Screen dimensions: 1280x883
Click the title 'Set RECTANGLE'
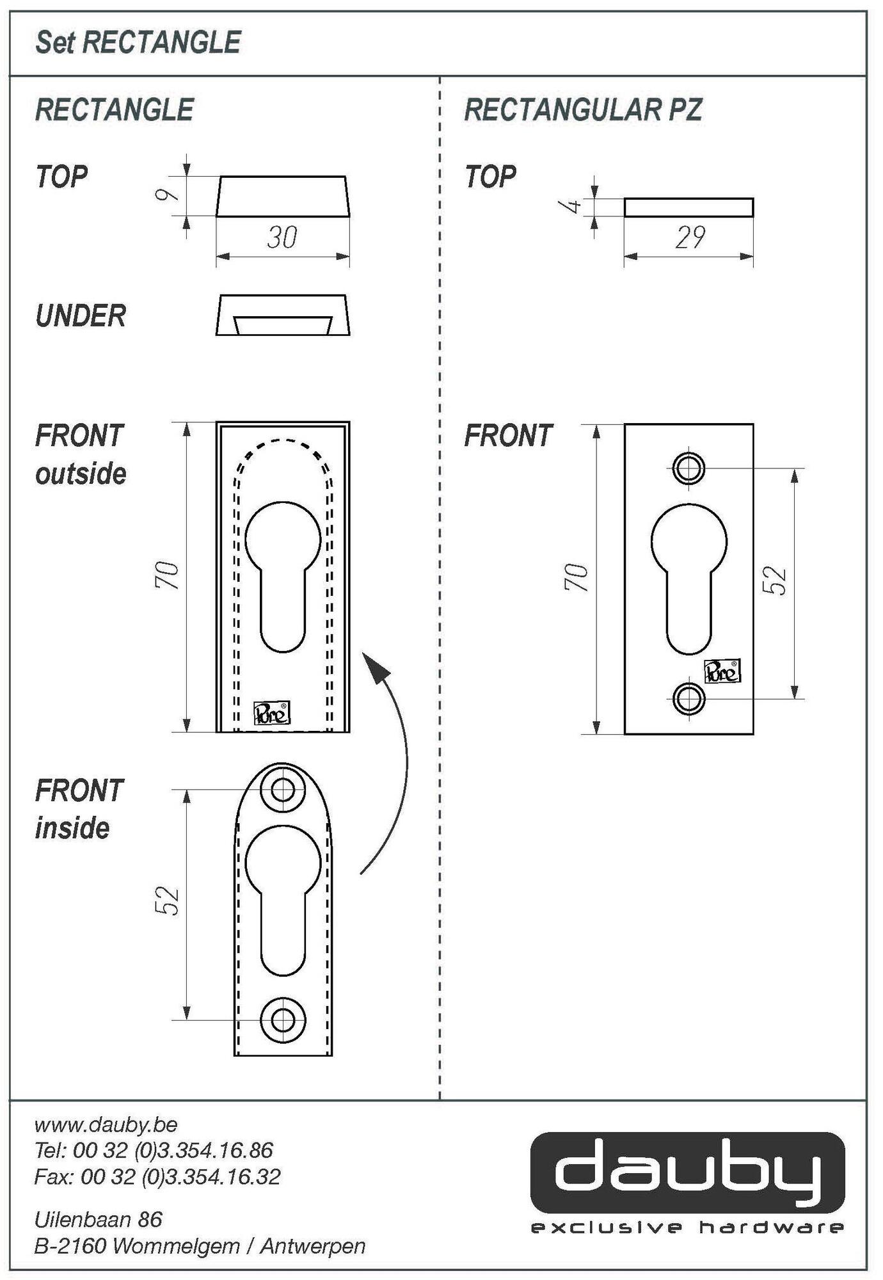[138, 43]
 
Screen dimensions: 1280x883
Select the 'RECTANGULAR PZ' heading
[582, 110]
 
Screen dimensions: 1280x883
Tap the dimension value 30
[282, 237]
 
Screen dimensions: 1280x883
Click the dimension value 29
[690, 237]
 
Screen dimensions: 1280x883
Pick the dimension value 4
[573, 206]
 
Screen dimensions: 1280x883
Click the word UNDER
[81, 316]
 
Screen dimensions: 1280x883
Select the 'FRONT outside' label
[80, 454]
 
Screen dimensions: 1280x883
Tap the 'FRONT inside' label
[78, 809]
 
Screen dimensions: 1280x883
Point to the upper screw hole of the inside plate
[283, 790]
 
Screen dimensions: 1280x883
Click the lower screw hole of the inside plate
[283, 1019]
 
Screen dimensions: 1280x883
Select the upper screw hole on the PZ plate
[688, 468]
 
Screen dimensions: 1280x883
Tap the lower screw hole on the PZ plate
[688, 698]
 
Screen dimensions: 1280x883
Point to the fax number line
[157, 1176]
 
